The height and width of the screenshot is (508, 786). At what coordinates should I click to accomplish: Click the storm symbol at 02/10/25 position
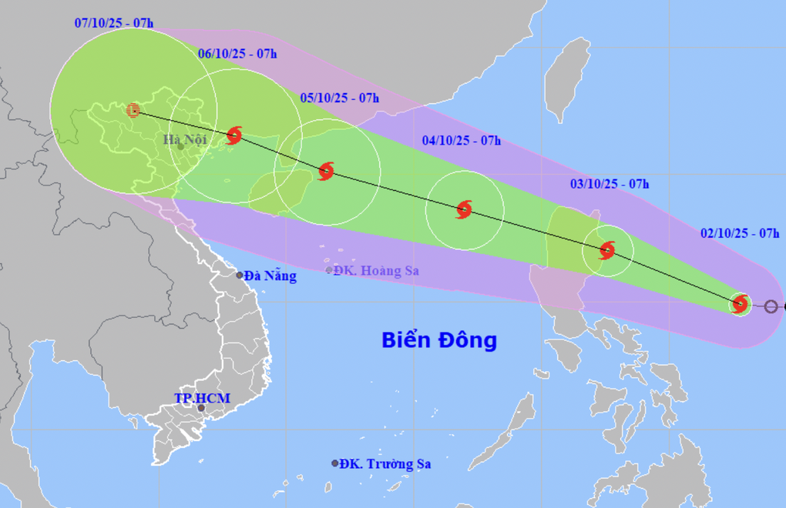click(741, 304)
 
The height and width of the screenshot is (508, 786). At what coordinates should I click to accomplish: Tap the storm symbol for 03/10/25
click(607, 250)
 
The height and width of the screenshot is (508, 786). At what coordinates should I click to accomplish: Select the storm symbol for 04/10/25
click(464, 209)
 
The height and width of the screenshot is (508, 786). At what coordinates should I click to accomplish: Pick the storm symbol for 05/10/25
click(326, 171)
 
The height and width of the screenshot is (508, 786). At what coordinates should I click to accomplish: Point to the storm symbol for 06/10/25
click(234, 135)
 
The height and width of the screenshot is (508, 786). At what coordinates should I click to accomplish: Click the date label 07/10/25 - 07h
click(114, 23)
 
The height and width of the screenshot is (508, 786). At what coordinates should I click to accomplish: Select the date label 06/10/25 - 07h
click(237, 53)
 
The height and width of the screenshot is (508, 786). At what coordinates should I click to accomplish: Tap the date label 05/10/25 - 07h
click(340, 98)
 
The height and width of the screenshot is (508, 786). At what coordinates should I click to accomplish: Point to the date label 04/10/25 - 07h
click(462, 140)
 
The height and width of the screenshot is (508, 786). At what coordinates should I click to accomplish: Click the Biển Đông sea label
click(439, 339)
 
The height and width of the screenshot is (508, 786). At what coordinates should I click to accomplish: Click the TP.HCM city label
click(202, 398)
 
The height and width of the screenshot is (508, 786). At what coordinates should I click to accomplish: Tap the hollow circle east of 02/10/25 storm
click(771, 306)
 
